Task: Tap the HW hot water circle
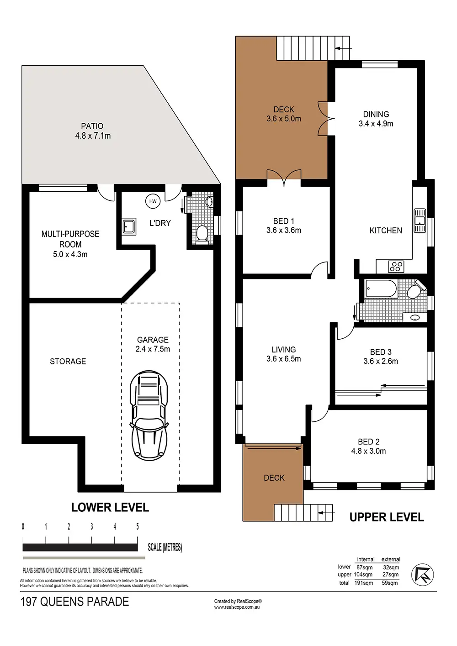tap(153, 201)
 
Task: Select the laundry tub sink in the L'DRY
tap(129, 227)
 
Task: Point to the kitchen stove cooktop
tap(396, 267)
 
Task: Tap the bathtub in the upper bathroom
tap(381, 288)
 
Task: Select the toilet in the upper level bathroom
tap(416, 290)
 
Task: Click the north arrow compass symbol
tap(422, 574)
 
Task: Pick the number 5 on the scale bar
tap(138, 526)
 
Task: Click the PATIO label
tap(92, 126)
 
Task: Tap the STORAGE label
tap(68, 362)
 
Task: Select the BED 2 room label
tap(369, 441)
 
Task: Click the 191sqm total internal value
tap(364, 583)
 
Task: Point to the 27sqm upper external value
tap(391, 574)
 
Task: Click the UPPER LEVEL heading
tap(387, 517)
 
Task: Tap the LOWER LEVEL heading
tap(110, 507)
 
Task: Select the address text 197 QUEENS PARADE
tap(74, 602)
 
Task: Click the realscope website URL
tap(237, 607)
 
